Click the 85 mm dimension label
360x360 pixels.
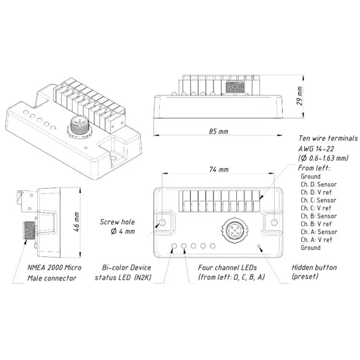(219, 131)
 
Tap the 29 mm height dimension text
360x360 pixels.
(299, 96)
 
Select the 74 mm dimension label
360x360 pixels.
(219, 169)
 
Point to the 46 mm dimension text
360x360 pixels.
(76, 222)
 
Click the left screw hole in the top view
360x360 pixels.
(162, 222)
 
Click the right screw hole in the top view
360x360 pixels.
(274, 222)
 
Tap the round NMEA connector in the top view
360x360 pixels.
(233, 230)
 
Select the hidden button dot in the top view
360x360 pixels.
(259, 246)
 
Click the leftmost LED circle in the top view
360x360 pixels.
(174, 246)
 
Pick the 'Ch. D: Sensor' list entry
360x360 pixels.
(319, 184)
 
